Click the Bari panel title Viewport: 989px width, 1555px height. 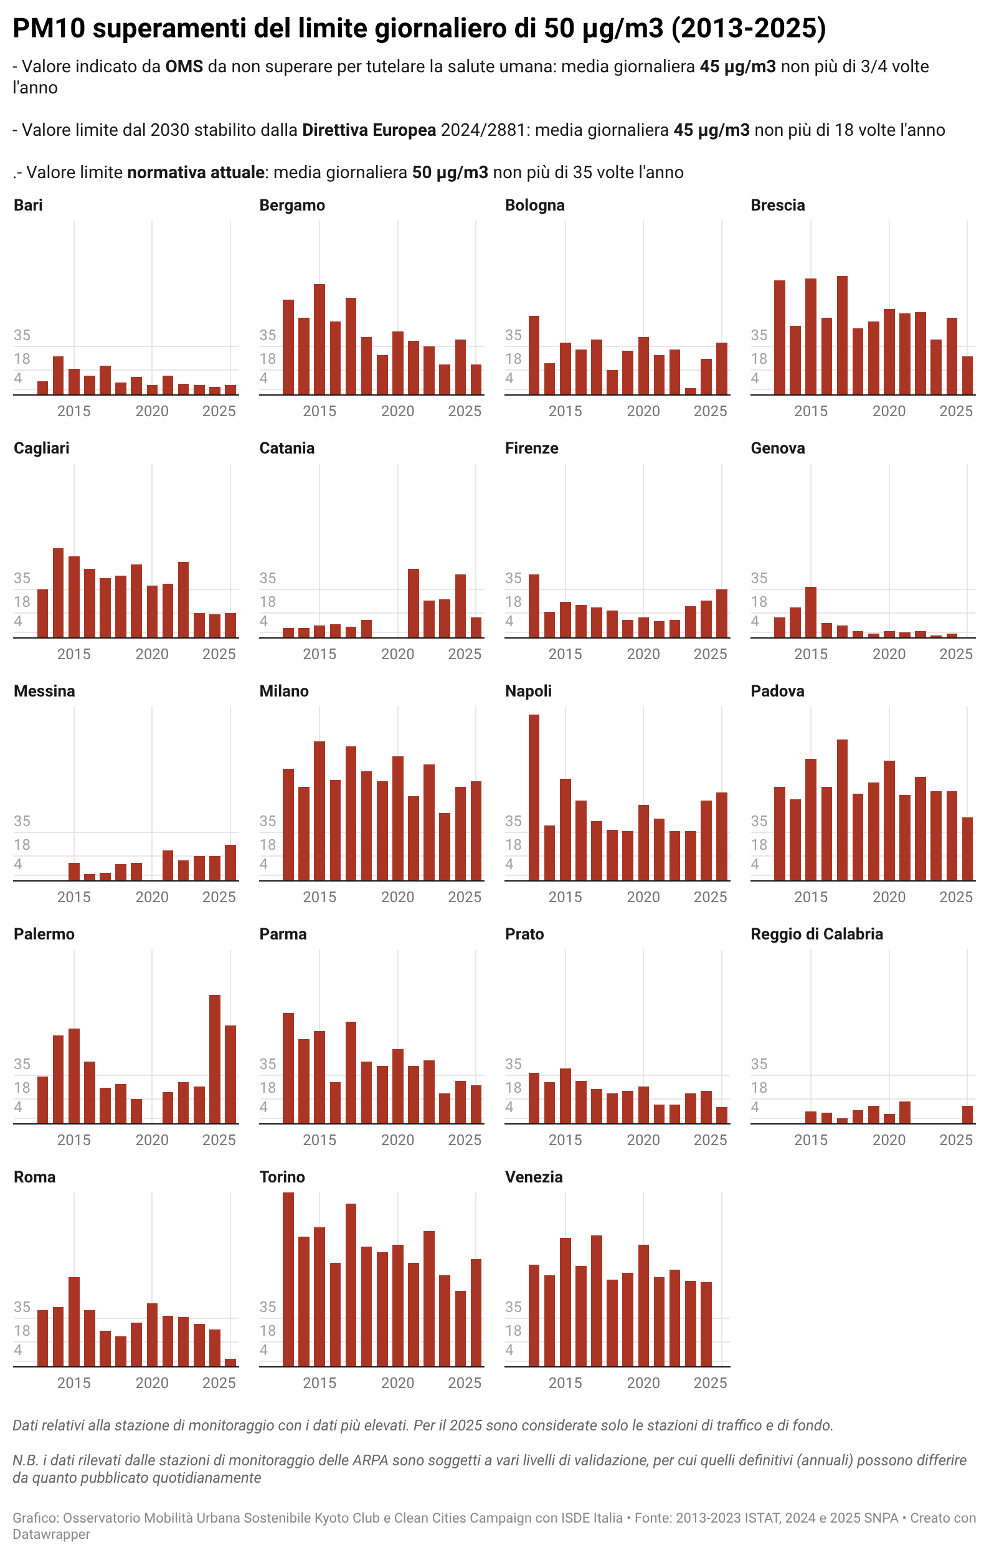(x=28, y=206)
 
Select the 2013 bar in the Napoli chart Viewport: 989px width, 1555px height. (x=534, y=797)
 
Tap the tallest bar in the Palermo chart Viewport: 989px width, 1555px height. (x=215, y=1059)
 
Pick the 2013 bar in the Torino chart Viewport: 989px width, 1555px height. (x=288, y=1279)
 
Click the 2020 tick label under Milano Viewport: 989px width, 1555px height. (x=398, y=897)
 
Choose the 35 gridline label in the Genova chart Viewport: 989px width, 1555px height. (x=759, y=578)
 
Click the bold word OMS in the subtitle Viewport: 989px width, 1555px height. (x=184, y=67)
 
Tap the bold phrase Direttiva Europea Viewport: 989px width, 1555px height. (x=369, y=130)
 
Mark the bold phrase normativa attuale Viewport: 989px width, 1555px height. (x=196, y=173)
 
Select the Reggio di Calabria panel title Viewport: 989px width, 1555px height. (x=816, y=934)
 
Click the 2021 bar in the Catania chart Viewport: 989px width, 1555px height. (x=413, y=603)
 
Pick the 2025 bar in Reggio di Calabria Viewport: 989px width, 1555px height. (x=967, y=1115)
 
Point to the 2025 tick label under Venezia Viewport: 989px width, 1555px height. (x=710, y=1382)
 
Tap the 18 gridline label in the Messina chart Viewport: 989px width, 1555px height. (x=22, y=845)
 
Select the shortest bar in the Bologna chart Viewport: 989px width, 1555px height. (x=690, y=391)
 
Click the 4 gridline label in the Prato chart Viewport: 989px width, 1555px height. (x=509, y=1107)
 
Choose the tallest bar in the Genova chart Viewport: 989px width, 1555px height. (x=811, y=612)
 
